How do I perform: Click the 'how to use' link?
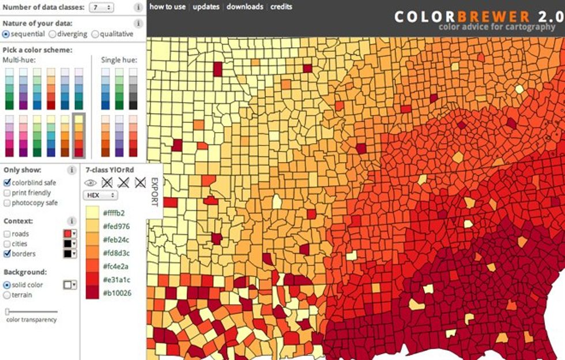pos(167,7)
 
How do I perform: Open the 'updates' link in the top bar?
pos(206,7)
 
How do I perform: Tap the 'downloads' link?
pos(244,7)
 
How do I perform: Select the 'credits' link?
pos(281,7)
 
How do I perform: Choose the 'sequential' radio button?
pos(6,34)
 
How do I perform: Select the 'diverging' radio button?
pos(50,34)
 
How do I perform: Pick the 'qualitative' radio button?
pos(95,34)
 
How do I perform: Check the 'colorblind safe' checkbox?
pos(7,182)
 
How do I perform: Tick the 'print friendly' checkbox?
pos(7,193)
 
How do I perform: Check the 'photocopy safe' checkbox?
pos(7,203)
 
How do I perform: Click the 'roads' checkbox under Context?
pos(7,234)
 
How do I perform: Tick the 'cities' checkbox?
pos(7,243)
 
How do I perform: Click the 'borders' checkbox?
pos(7,253)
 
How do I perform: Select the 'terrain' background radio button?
pos(6,295)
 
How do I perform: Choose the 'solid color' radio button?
pos(6,285)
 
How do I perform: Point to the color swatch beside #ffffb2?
pos(92,213)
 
